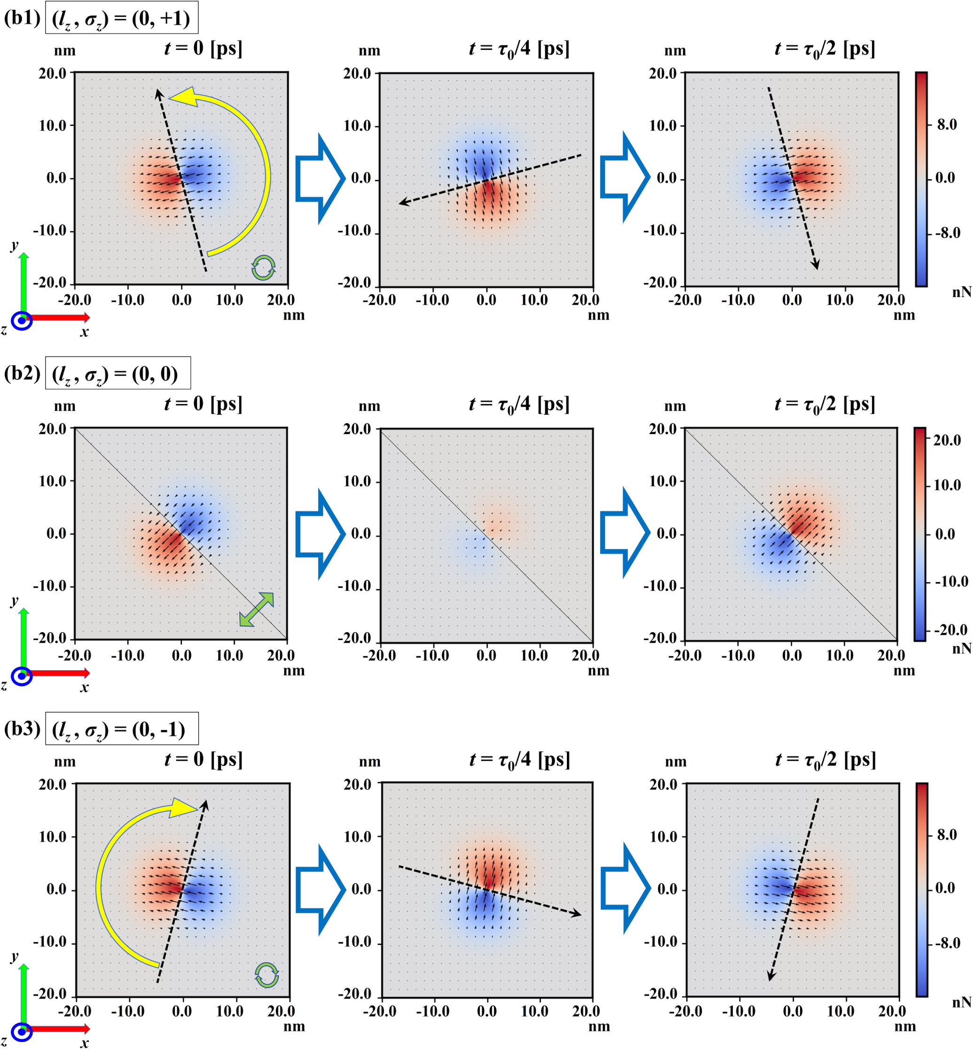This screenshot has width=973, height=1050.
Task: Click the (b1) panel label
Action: [22, 18]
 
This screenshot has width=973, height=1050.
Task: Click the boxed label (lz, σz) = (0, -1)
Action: [122, 729]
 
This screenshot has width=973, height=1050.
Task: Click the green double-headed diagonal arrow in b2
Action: [257, 609]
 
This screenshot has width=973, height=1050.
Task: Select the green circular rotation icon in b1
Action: [263, 268]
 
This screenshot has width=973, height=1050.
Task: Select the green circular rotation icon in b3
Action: [267, 975]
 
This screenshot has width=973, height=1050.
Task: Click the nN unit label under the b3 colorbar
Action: [961, 1002]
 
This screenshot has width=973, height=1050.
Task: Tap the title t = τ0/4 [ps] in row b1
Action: [518, 49]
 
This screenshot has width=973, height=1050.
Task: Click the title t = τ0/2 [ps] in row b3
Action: [825, 760]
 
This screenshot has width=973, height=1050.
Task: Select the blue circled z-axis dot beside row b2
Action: [22, 676]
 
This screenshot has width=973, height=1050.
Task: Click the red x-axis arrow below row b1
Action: [58, 317]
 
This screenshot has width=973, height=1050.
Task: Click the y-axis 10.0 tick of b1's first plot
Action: [53, 126]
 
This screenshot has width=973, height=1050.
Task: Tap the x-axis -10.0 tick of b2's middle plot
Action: [432, 655]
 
